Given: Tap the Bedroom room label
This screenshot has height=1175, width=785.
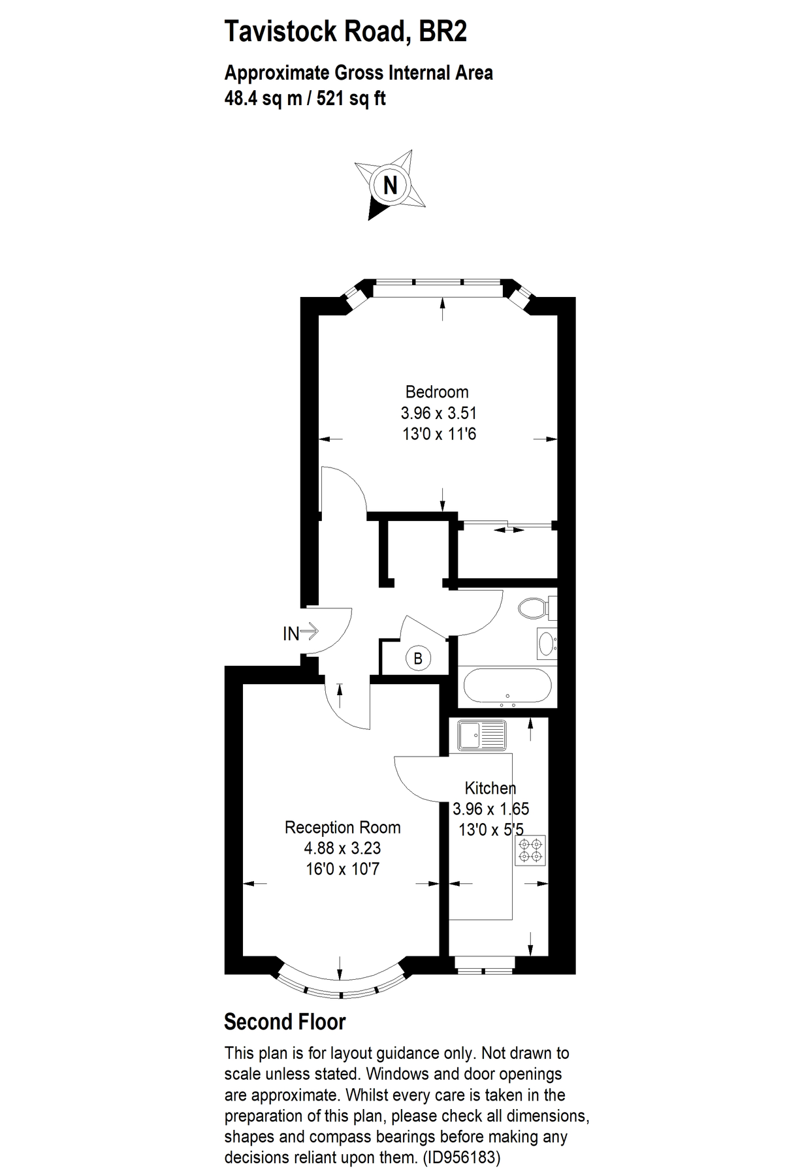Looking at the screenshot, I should coord(437,392).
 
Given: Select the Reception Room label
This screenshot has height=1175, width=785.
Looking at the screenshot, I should coord(342,828).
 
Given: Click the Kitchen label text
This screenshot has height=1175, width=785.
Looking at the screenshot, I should coord(490,788).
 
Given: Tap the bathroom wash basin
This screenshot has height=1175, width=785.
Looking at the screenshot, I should coord(545,643).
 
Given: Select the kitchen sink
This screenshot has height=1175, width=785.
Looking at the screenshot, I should coord(482,735).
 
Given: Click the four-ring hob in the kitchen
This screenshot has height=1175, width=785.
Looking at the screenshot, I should coord(530,851).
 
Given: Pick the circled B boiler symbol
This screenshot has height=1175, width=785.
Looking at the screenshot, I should coord(418,658).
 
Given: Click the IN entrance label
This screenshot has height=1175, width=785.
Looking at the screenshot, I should coord(291,633).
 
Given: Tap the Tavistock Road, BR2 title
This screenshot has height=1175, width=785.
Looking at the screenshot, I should coord(345,31).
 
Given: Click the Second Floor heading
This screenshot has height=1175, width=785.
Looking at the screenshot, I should coord(285,1022).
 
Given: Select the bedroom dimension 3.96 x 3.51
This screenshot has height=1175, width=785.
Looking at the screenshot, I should coord(438,413).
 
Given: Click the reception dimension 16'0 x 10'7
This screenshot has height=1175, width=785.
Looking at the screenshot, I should coord(342,869).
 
